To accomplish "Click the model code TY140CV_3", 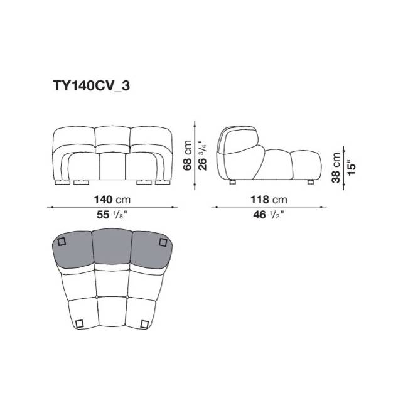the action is coord(91,85).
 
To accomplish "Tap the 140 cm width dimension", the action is coord(112,200).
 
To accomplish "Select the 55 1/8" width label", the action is coord(112,215).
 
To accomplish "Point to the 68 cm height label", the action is coord(187,155).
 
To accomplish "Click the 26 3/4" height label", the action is coord(203,155).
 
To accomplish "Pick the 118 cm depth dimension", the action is coord(269,200).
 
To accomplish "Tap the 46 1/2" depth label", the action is coord(269,215).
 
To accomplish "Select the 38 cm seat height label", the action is coord(336,168).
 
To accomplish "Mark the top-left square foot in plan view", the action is coord(62,242).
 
